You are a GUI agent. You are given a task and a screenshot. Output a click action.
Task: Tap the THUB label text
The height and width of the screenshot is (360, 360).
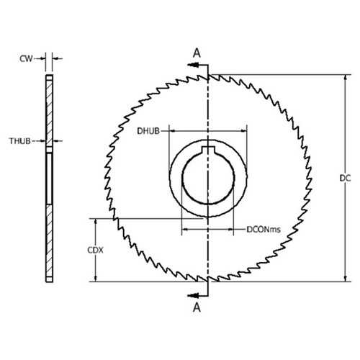20,140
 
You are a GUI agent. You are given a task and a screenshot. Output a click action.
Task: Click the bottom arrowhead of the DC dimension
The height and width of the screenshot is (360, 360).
344,279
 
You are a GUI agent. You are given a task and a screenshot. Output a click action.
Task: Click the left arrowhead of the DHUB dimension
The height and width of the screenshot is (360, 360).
173,130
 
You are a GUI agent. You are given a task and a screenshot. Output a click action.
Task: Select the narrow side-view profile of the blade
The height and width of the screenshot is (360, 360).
48,176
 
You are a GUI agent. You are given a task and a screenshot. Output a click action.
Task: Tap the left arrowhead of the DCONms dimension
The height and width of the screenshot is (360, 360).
184,230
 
